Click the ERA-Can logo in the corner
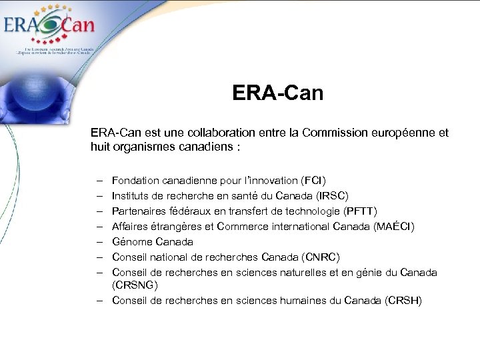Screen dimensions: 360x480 [x=49, y=28]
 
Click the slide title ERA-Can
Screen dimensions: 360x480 [x=277, y=93]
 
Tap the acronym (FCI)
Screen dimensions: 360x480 [x=313, y=181]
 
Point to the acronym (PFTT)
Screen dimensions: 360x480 [x=360, y=211]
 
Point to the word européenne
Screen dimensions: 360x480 [x=399, y=133]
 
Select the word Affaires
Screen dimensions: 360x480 [x=130, y=227]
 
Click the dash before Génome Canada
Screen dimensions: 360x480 [x=98, y=242]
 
